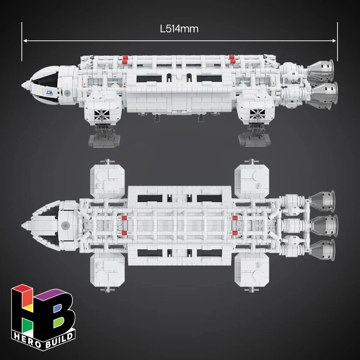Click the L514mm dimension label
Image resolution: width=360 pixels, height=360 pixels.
tap(179, 29)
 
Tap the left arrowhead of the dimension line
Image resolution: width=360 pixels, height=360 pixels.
tap(25, 41)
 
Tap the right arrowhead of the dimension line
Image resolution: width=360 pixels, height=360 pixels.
tap(334, 41)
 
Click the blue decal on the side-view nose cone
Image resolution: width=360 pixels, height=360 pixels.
tap(50, 93)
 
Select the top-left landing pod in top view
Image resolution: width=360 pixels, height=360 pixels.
tap(108, 181)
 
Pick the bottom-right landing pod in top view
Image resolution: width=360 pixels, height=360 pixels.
tap(252, 270)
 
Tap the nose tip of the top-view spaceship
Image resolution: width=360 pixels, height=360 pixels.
tap(22, 225)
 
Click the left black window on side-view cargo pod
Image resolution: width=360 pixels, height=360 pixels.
tap(149, 78)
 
